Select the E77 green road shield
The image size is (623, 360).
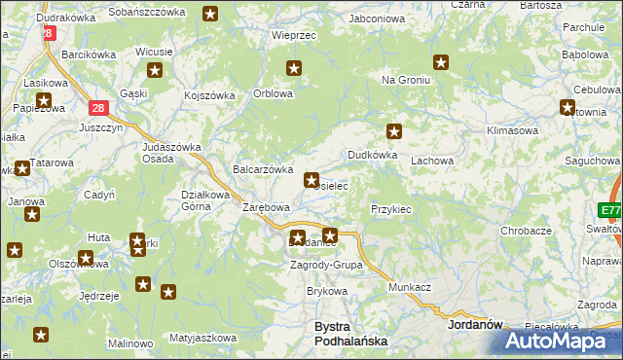(x=610, y=211)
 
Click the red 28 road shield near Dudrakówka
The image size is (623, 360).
(x=48, y=32)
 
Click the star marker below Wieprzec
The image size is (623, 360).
(x=294, y=68)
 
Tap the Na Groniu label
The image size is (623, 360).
(x=405, y=80)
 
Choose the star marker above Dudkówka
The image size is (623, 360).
(x=394, y=131)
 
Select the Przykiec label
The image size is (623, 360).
(x=391, y=209)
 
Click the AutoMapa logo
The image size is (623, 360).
(x=559, y=341)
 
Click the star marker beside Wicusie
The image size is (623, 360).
(x=155, y=70)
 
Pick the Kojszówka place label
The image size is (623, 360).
(x=210, y=95)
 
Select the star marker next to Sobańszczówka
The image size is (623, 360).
(x=210, y=14)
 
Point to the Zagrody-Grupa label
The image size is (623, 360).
(x=327, y=265)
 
